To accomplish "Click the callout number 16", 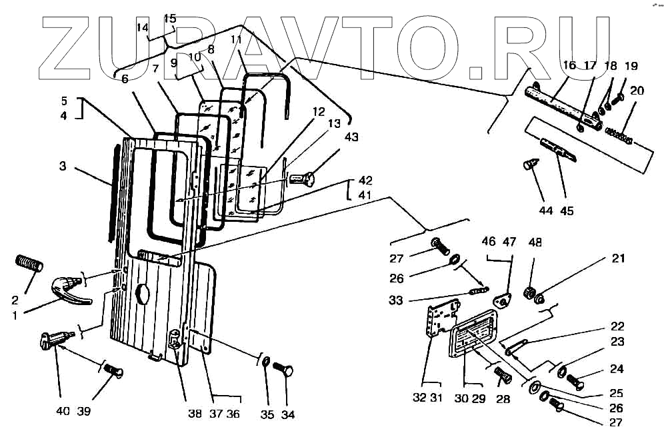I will coord(569,65).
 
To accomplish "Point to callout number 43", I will coord(351,137).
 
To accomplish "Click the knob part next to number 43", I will coord(302,179).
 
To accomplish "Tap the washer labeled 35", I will coord(265,362).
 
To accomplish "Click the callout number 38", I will coord(194,413).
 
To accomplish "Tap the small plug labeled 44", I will coord(531,163).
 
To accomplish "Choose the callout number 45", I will coord(567,211).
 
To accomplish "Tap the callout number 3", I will coord(63,166).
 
